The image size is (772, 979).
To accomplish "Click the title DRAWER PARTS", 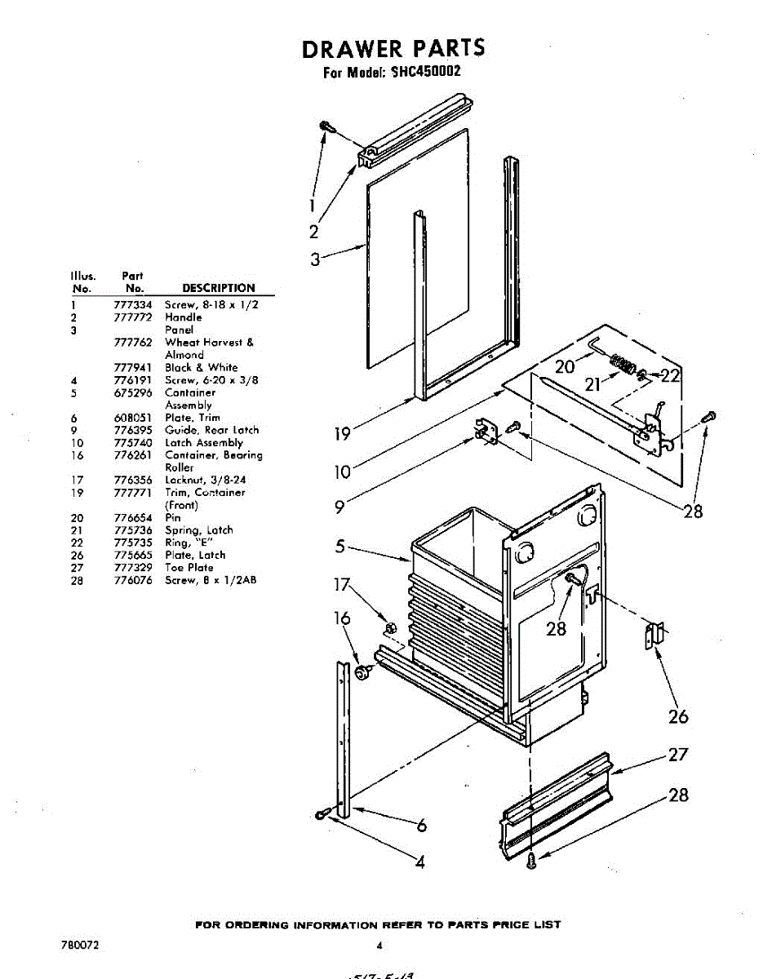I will pos(393,49).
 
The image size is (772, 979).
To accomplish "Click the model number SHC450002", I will pos(425,72).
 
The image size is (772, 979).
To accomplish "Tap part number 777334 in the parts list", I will pos(135,304).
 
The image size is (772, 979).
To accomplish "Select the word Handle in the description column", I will pos(183,317).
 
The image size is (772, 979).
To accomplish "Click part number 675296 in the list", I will pos(135,392).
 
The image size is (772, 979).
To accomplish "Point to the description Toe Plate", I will pos(189,568).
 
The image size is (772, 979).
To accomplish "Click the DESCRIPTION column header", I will pos(218,288).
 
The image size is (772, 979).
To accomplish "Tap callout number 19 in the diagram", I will pos(343,434).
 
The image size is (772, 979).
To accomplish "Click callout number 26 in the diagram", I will pos(678,717).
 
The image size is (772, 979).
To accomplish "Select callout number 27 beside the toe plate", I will pos(678,755).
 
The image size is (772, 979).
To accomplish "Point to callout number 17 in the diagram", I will pos(342,585).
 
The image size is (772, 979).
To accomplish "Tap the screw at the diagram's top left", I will pos(327,126).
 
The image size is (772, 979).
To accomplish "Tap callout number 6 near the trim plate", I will pos(421,826).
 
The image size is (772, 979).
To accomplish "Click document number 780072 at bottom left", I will pos(80,946).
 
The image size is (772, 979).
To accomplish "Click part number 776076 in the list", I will pos(135,581).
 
